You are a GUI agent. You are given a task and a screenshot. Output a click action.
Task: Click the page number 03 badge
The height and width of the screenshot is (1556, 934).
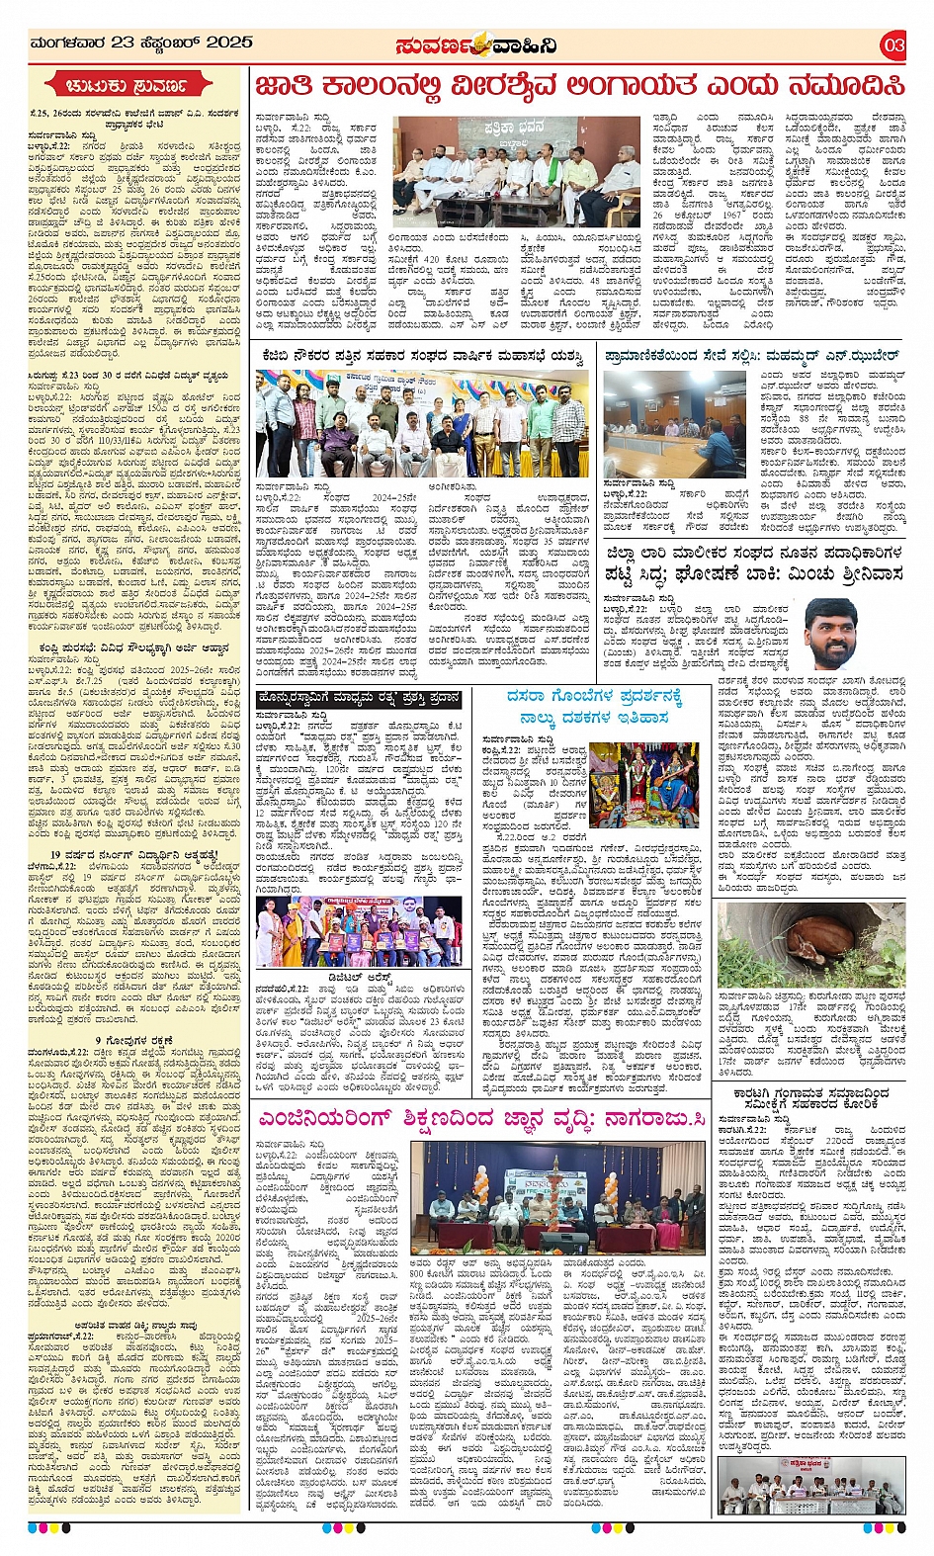point(892,44)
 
